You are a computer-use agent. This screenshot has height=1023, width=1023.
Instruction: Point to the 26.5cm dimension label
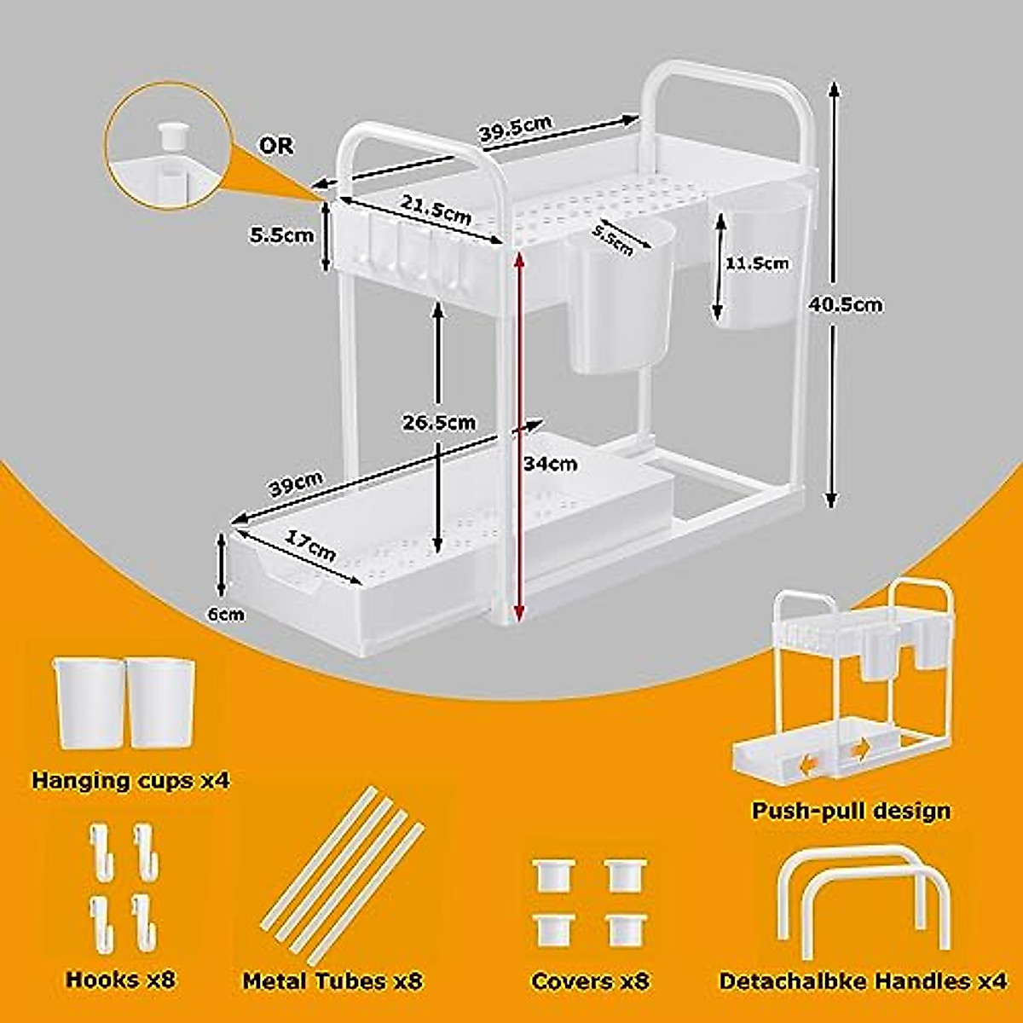coord(440,423)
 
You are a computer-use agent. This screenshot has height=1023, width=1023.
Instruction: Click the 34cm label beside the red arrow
coord(552,464)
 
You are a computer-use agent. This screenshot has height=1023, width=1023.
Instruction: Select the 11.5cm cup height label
coord(756,263)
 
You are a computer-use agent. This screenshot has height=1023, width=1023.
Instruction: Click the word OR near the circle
coord(275,146)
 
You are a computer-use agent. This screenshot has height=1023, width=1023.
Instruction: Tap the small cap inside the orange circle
coord(171,134)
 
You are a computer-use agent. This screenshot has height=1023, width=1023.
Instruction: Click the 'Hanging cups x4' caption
coord(130,779)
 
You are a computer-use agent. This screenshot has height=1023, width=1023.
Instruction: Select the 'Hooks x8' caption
coord(120,979)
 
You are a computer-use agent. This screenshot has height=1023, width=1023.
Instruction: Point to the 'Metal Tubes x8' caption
coord(332,981)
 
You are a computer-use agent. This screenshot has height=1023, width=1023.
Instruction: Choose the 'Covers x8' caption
coord(590,981)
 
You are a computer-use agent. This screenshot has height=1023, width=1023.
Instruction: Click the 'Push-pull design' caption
coord(850,810)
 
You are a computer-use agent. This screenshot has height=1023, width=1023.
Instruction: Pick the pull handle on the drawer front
coord(295,582)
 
